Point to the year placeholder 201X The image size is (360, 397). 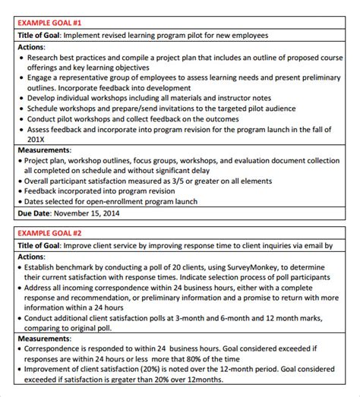36,140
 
